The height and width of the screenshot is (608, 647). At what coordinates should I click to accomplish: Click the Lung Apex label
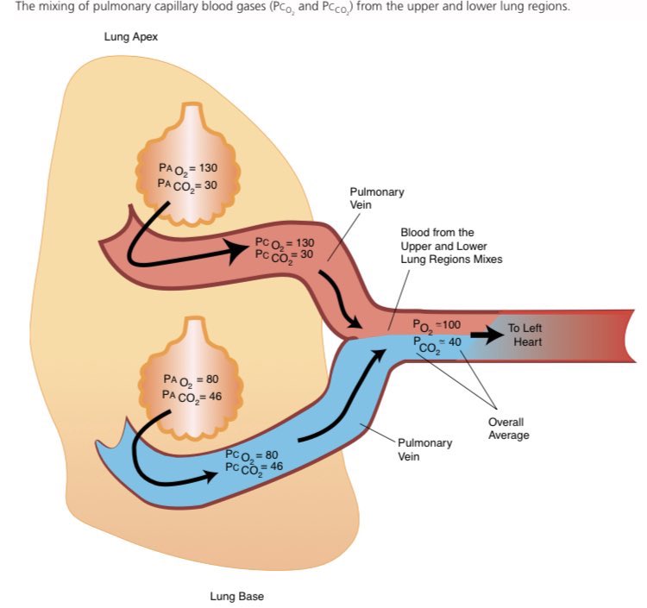pos(131,38)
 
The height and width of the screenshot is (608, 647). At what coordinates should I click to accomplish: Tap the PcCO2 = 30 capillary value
pos(285,255)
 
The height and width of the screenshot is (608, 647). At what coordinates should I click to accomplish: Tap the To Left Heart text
pos(525,335)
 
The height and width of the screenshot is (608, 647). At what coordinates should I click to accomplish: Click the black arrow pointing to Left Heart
pos(486,336)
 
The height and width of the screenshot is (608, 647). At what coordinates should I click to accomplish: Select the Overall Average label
pos(508,429)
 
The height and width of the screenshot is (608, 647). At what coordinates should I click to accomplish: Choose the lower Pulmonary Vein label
pos(424,449)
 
